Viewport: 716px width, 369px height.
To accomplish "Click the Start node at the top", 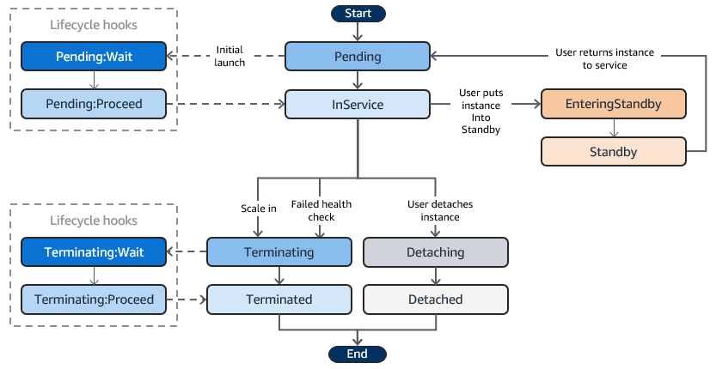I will (x=358, y=13).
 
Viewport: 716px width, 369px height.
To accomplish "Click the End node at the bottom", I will (x=358, y=354).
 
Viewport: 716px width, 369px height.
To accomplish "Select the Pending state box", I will (x=358, y=57).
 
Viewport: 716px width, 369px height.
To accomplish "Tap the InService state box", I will (x=358, y=105).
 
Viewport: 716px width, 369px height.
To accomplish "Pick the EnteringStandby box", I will (x=614, y=105).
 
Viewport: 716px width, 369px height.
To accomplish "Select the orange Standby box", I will (x=614, y=152).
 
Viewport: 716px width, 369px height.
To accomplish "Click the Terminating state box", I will (x=279, y=252).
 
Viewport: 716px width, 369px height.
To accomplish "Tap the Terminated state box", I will (x=279, y=299).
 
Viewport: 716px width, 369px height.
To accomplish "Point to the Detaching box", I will (x=437, y=252).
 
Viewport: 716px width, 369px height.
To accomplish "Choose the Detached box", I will (x=437, y=299).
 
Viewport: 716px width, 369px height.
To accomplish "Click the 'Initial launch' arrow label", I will (x=229, y=57).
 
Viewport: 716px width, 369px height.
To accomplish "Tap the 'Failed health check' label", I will (x=321, y=211).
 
